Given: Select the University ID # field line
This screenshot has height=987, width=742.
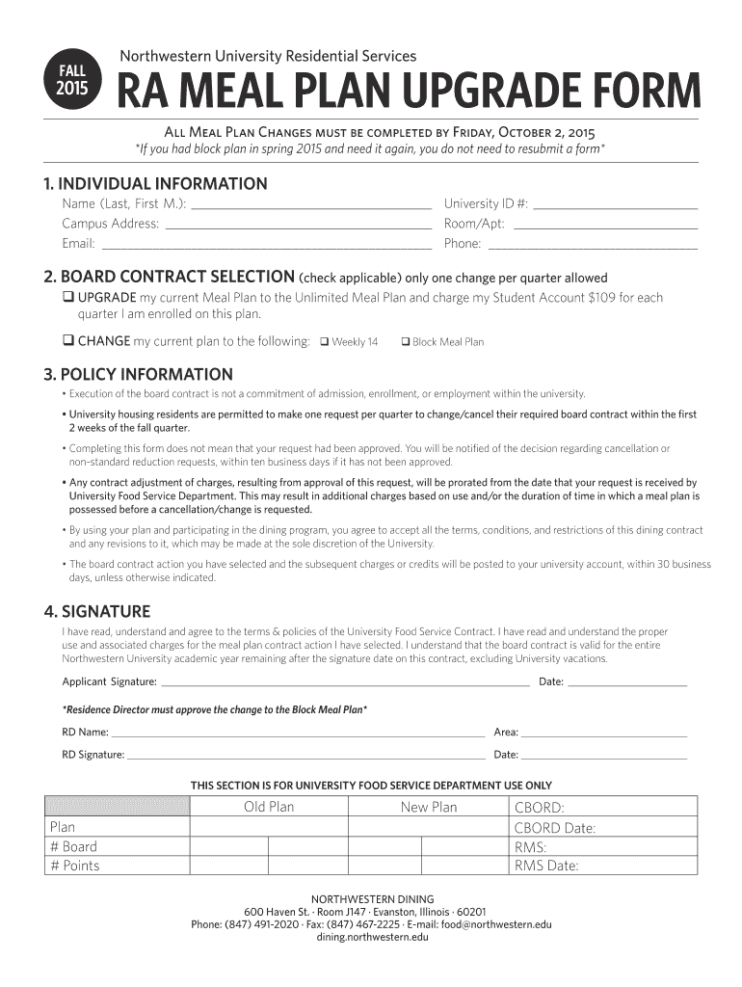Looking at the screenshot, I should (615, 204).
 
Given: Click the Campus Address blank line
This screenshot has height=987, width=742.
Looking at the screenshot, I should (299, 225).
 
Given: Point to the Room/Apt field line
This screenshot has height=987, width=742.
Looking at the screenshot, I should (605, 225).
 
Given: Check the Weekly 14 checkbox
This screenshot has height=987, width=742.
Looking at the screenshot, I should (325, 342).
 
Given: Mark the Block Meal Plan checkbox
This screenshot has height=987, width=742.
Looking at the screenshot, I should (406, 342).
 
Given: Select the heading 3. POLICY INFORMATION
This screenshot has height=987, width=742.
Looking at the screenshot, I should (138, 374).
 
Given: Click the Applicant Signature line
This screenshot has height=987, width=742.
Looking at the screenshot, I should (345, 681).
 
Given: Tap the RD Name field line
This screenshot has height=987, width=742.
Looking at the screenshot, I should (299, 733).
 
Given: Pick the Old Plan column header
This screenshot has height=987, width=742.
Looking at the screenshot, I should (269, 807).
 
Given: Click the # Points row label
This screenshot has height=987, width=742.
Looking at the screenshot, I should (74, 866).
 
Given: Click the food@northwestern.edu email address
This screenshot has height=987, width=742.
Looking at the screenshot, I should (492, 924).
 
